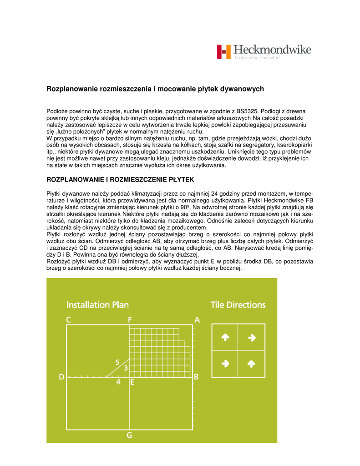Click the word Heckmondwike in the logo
point(272,50)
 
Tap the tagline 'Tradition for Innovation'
point(258,58)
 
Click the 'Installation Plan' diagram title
point(97,304)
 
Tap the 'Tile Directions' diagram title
point(238,304)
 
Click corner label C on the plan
point(69,320)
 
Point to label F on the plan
point(130,320)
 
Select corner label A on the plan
point(197,320)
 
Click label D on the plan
point(62,377)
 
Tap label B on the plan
point(196,377)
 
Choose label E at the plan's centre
point(132,382)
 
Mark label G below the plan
point(129,435)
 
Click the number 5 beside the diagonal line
point(117,362)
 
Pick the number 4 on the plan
point(118,382)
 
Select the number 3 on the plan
point(126,367)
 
